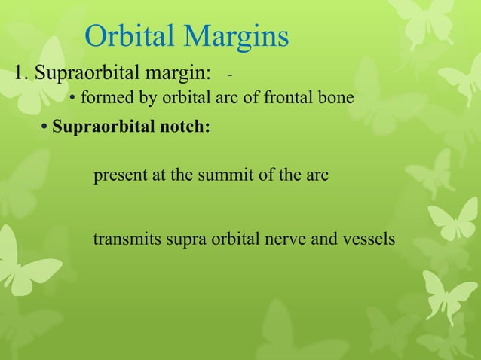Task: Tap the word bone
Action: tap(335, 98)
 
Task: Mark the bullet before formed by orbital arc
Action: tap(72, 99)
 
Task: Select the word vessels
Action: tap(369, 240)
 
